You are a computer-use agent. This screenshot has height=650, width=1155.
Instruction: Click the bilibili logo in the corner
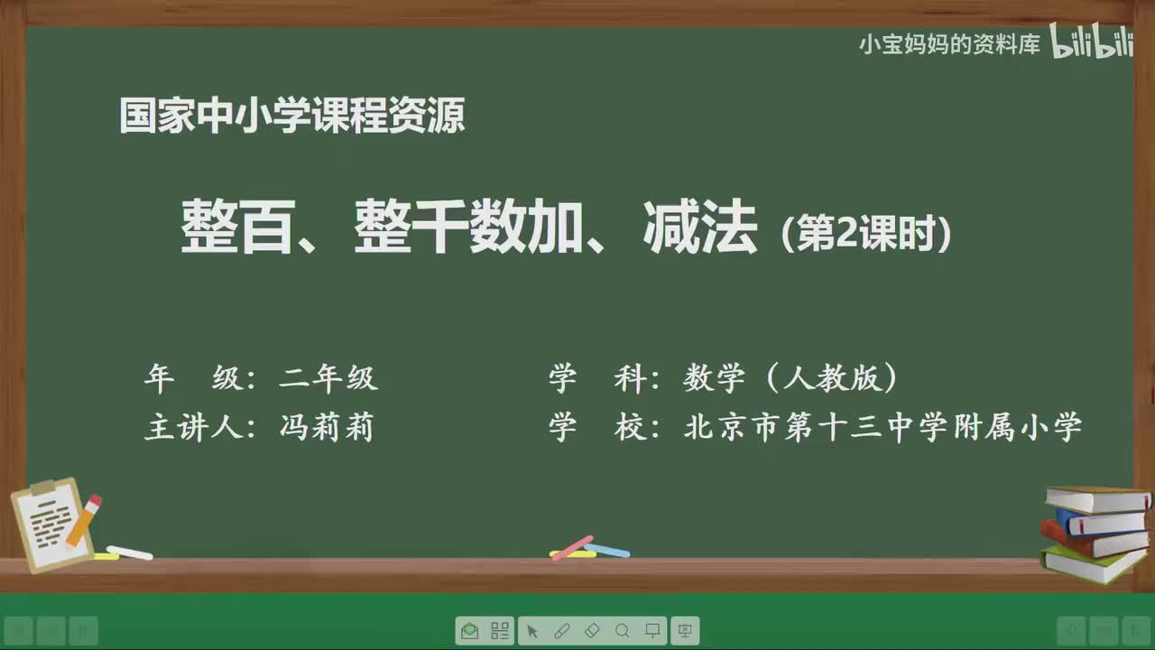click(x=1092, y=42)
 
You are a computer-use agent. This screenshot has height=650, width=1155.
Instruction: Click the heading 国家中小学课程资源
click(x=291, y=116)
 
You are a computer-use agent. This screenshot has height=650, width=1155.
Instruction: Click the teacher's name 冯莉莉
click(x=327, y=427)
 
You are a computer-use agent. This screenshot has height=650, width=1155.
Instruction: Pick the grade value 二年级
click(x=328, y=378)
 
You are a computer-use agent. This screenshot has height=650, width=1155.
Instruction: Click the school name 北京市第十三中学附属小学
click(x=882, y=427)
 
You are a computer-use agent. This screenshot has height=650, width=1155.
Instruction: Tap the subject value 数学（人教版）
click(x=790, y=378)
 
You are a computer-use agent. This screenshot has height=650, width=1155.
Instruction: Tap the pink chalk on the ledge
click(x=571, y=546)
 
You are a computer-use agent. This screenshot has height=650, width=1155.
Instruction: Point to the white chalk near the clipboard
click(x=129, y=552)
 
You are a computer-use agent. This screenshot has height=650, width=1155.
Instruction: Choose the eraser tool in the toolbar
click(x=592, y=631)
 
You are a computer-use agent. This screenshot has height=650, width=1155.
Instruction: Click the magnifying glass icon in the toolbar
click(x=623, y=631)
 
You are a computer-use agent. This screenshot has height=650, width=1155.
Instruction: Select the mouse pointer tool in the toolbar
click(x=532, y=631)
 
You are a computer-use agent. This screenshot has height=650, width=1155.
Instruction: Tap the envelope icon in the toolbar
click(x=469, y=631)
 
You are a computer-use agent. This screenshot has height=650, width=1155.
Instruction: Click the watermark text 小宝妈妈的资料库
click(x=949, y=44)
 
